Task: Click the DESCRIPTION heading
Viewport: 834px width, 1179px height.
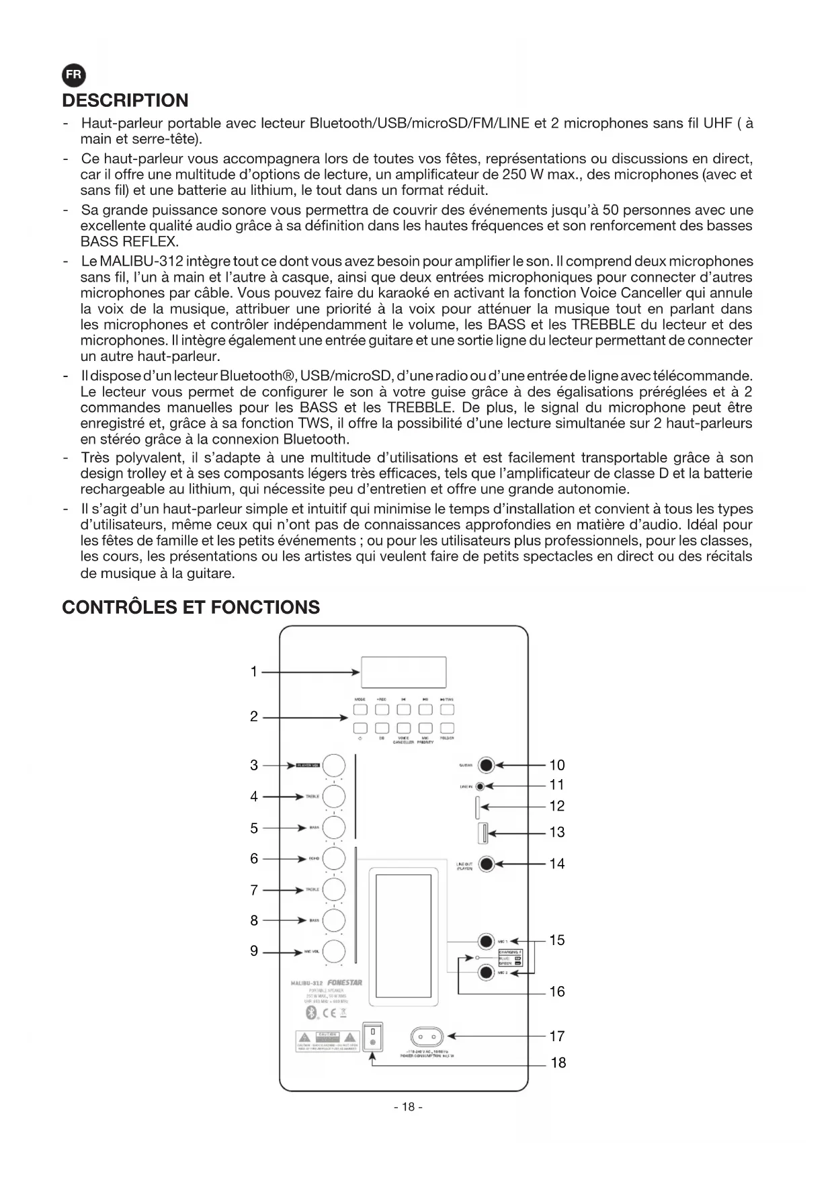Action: click(125, 101)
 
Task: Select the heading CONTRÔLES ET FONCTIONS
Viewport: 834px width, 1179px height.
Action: click(191, 608)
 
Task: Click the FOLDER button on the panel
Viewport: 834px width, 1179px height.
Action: click(447, 728)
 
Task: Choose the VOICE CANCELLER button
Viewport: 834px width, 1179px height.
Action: click(403, 728)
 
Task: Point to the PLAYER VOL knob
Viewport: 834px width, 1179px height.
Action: click(334, 766)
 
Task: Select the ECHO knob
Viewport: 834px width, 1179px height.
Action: click(334, 858)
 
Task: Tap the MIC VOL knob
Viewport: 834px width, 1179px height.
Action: click(334, 952)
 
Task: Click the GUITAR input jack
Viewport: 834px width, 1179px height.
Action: click(486, 765)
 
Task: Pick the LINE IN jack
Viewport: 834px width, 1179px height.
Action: click(480, 786)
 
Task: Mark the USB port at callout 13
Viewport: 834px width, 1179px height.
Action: click(482, 833)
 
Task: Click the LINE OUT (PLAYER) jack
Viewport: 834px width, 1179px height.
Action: click(486, 864)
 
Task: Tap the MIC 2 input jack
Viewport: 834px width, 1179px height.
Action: click(486, 972)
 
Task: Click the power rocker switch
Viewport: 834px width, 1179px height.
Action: click(372, 1037)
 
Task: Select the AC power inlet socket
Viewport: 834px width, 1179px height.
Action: click(427, 1036)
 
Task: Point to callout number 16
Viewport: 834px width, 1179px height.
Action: click(556, 991)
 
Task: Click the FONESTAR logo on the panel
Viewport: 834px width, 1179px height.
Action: click(344, 983)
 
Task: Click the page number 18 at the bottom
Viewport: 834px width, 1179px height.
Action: click(408, 1107)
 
